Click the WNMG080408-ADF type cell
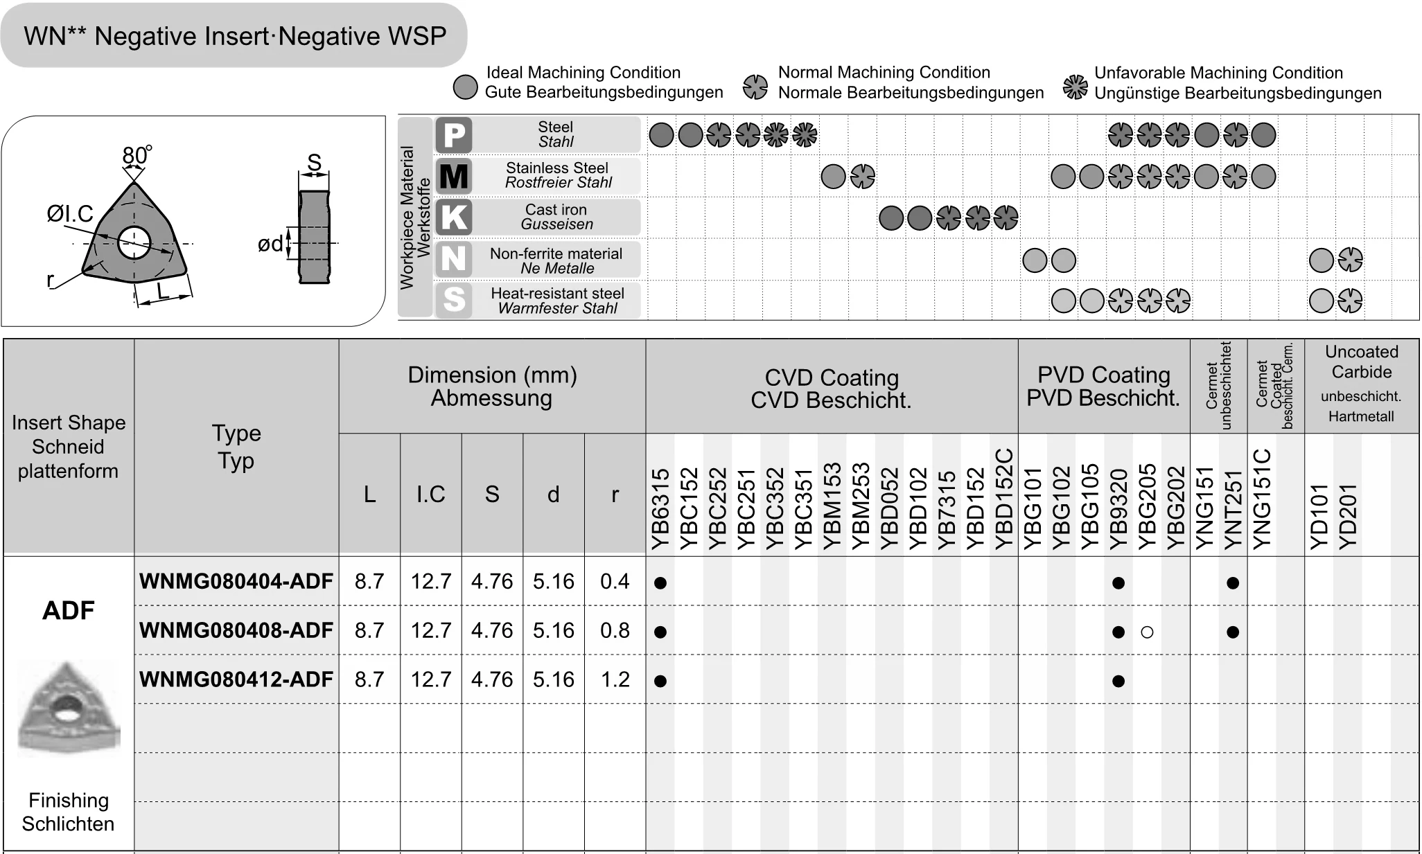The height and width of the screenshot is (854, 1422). click(x=236, y=630)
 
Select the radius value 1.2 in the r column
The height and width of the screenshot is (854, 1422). click(x=615, y=679)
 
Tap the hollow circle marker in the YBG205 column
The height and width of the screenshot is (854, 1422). click(x=1147, y=632)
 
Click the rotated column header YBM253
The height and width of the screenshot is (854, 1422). click(x=860, y=506)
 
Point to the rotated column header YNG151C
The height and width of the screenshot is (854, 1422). click(x=1263, y=499)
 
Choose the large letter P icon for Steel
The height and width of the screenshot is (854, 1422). click(x=454, y=135)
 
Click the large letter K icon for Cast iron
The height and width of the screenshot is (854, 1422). click(x=454, y=217)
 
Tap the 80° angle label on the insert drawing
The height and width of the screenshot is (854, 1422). click(x=137, y=155)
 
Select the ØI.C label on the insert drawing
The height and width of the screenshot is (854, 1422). click(x=70, y=214)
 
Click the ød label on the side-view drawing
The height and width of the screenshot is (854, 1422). click(x=270, y=244)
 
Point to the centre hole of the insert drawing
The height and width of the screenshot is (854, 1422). click(x=134, y=242)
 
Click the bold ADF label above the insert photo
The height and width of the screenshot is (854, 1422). click(x=68, y=611)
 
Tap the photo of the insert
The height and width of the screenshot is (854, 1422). click(x=68, y=706)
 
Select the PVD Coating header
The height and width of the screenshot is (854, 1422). click(x=1103, y=386)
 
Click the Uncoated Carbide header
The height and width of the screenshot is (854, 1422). click(x=1361, y=362)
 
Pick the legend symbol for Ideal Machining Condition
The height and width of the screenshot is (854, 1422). click(x=465, y=87)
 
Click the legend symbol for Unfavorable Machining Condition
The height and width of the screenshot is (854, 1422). click(x=1075, y=87)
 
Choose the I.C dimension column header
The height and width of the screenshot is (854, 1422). click(x=430, y=495)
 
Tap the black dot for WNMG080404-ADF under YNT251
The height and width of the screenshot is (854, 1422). click(x=1232, y=583)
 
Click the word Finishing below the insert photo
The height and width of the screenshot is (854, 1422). click(x=69, y=801)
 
